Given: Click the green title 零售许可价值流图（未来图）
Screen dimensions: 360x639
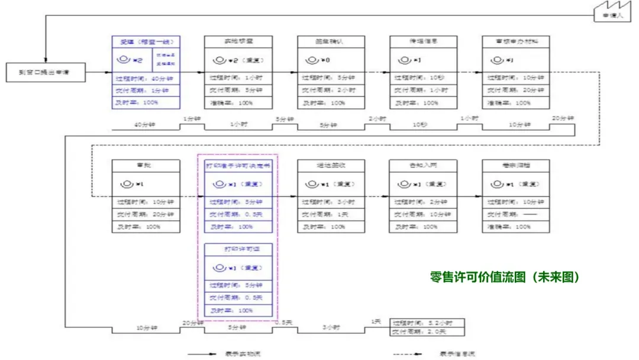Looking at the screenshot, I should click(x=505, y=277).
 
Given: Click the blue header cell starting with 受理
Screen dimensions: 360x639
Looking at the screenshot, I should click(x=146, y=42).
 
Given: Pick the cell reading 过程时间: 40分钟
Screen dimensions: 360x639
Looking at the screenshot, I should click(x=146, y=78).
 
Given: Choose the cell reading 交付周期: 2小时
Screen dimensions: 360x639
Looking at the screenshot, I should click(x=331, y=91).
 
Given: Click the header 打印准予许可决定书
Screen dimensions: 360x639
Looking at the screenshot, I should click(x=238, y=166).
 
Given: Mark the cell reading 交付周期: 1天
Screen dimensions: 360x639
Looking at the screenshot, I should click(x=331, y=214).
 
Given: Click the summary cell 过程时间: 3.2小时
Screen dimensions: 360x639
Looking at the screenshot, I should click(x=427, y=323).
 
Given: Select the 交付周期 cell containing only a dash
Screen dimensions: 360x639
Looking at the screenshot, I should click(x=516, y=214).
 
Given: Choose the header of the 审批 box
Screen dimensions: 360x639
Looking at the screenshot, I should click(x=146, y=166).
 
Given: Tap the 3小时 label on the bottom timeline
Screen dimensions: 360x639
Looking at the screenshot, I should click(x=331, y=326).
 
